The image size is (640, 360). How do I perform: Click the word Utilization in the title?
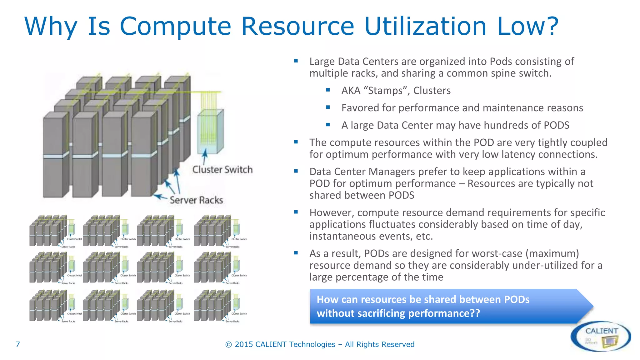425,26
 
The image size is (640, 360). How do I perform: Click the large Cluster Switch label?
222,170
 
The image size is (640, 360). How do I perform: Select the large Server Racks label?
196,200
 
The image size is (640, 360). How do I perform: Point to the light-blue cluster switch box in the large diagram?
210,131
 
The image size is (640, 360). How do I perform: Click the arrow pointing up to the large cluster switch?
205,156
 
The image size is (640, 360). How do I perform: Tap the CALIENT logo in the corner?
601,336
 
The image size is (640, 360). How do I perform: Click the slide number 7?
18,344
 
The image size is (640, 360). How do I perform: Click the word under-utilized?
545,265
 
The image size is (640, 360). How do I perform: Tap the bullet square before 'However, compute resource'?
296,212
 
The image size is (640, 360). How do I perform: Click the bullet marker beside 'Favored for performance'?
328,107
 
